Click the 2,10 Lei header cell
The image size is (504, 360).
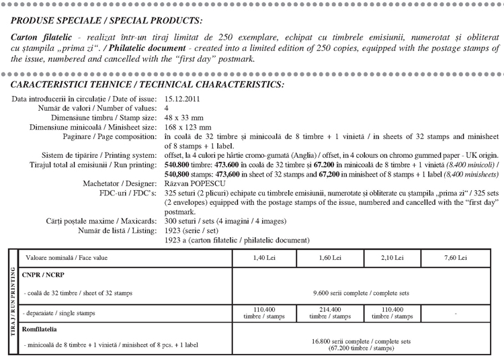393,258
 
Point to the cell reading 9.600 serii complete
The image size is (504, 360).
362,293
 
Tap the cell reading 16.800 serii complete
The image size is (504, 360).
362,344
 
